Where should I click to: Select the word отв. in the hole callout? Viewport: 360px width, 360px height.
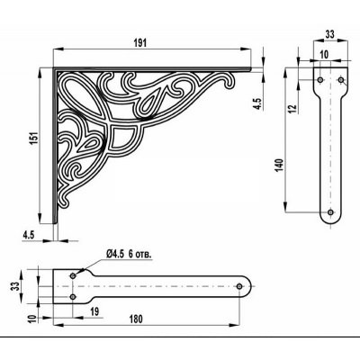[142, 255]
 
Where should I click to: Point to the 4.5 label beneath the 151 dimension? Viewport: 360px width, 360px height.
[30, 237]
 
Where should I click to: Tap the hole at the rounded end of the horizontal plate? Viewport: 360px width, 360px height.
[240, 285]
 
